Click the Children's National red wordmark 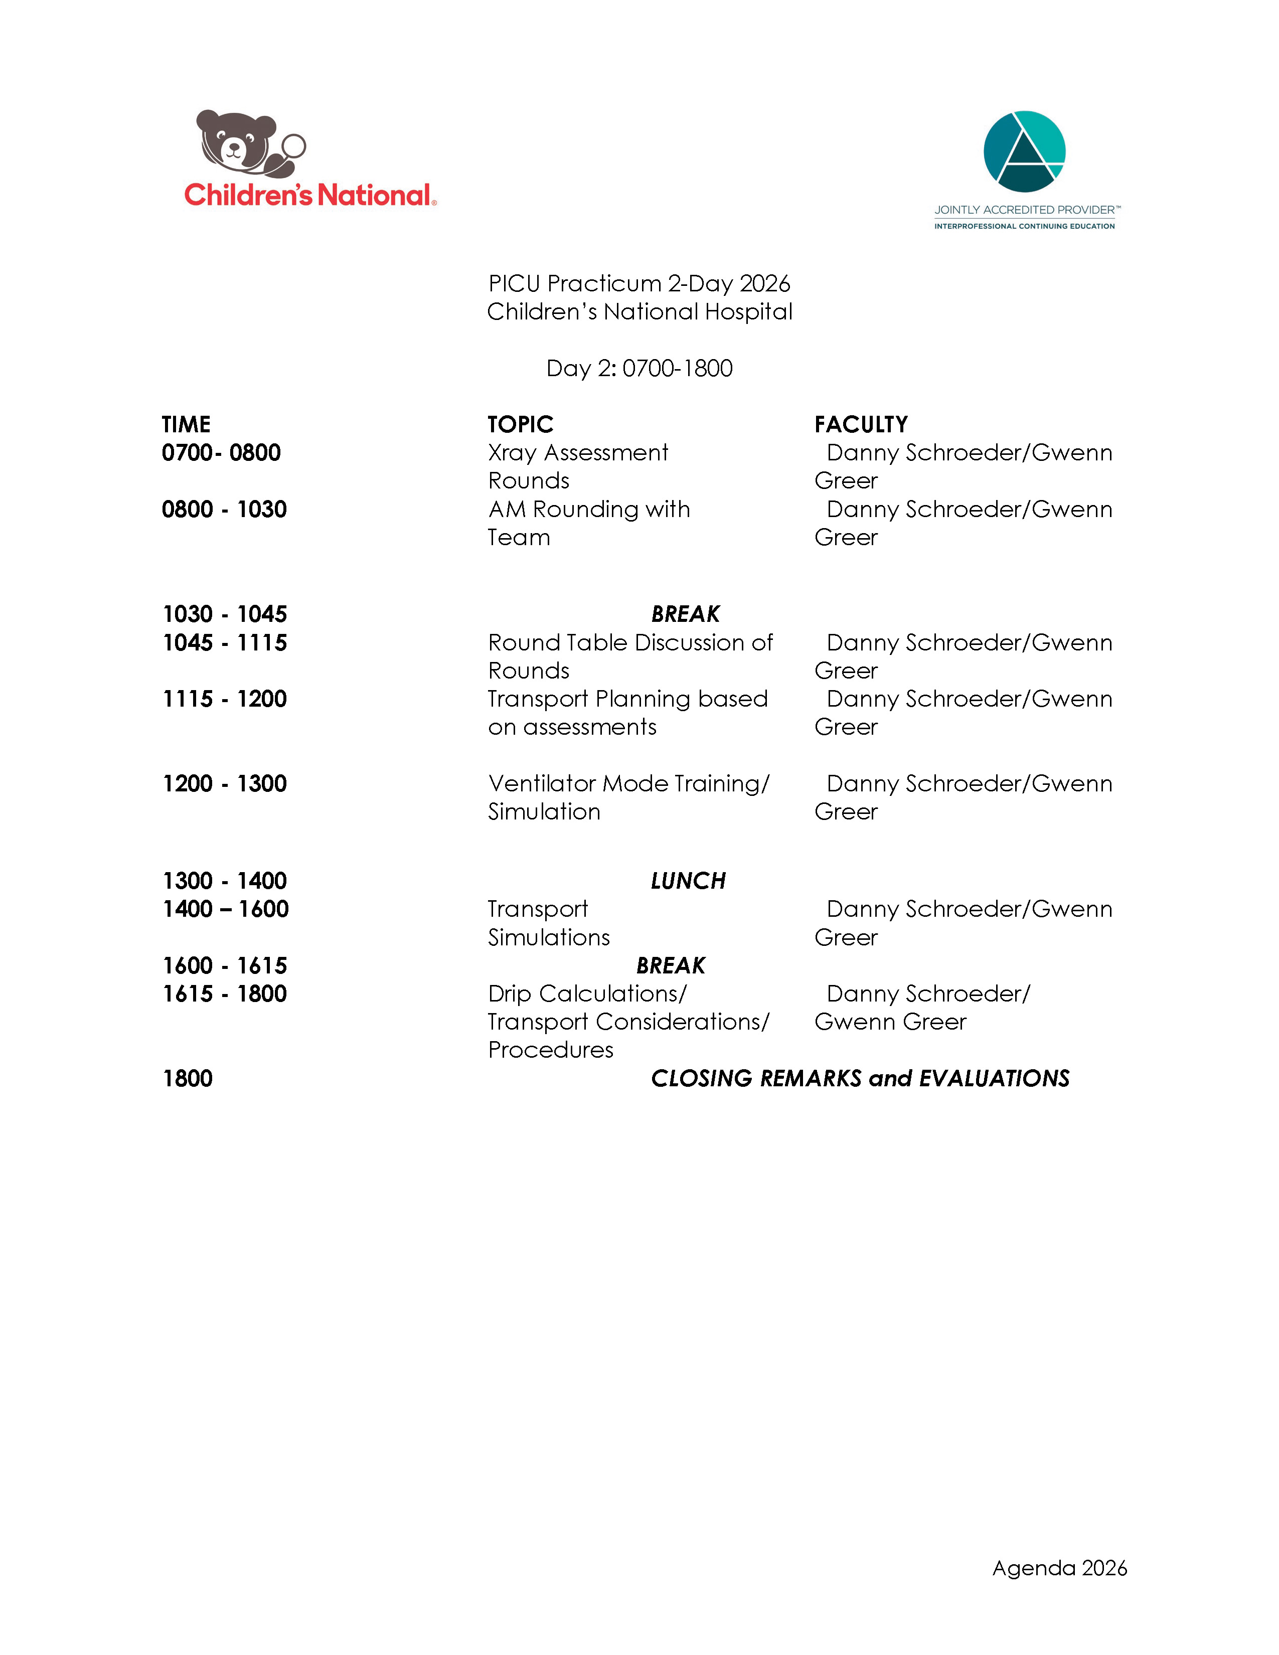tap(309, 196)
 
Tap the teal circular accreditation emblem tap(1024, 151)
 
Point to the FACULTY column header tap(861, 424)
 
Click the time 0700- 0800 tap(221, 452)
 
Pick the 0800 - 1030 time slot tap(224, 509)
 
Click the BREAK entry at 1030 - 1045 tap(685, 614)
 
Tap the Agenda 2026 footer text tap(1059, 1568)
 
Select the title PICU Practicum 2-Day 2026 tap(638, 283)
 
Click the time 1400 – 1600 tap(225, 909)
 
